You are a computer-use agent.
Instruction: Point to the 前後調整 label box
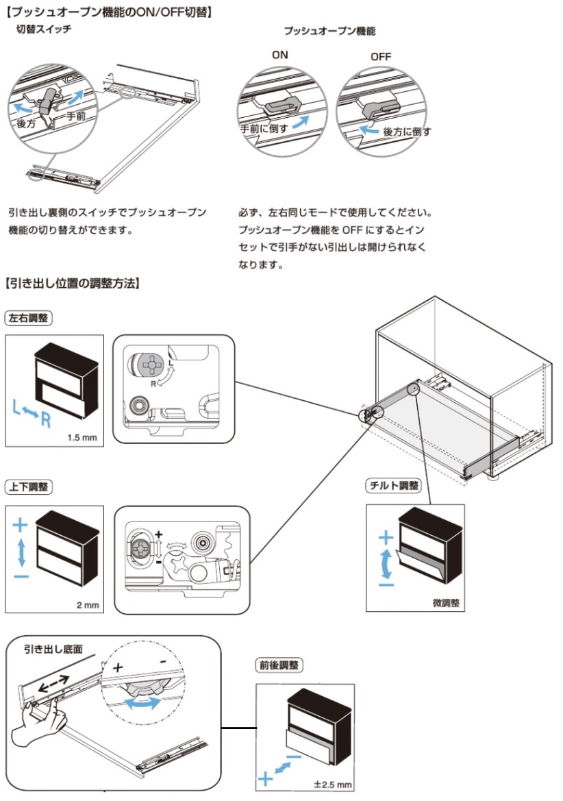pyautogui.click(x=279, y=664)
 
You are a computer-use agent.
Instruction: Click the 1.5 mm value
pyautogui.click(x=82, y=437)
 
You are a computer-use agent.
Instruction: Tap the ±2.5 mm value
pyautogui.click(x=332, y=785)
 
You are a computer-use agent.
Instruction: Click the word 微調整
pyautogui.click(x=445, y=604)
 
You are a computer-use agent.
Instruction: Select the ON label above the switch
pyautogui.click(x=279, y=56)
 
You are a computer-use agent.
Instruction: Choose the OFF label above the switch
pyautogui.click(x=381, y=57)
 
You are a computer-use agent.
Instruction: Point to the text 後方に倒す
pyautogui.click(x=407, y=131)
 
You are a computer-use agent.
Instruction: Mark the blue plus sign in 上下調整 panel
pyautogui.click(x=21, y=525)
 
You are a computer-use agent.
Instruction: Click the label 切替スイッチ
pyautogui.click(x=44, y=30)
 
